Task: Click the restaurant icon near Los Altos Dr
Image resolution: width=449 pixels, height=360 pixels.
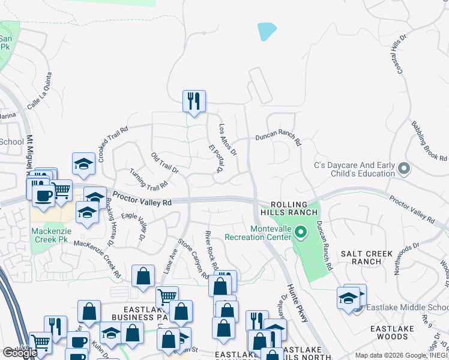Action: click(x=194, y=101)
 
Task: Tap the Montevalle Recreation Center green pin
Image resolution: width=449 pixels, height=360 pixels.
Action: click(x=303, y=230)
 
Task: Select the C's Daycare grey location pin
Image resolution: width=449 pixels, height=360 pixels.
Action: click(x=403, y=169)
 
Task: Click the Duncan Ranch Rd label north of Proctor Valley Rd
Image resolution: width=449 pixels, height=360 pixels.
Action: click(x=277, y=137)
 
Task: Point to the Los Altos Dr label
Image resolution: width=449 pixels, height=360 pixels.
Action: click(x=228, y=140)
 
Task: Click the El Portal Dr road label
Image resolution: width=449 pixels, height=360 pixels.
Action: click(x=215, y=158)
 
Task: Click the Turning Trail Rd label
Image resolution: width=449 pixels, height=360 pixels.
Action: click(x=148, y=178)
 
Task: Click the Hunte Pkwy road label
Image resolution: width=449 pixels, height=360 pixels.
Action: click(x=297, y=303)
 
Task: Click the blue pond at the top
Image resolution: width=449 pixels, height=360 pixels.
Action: click(x=267, y=31)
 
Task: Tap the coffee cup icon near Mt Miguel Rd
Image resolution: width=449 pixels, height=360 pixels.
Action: click(x=43, y=196)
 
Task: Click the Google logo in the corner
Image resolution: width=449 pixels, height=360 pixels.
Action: click(x=20, y=353)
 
